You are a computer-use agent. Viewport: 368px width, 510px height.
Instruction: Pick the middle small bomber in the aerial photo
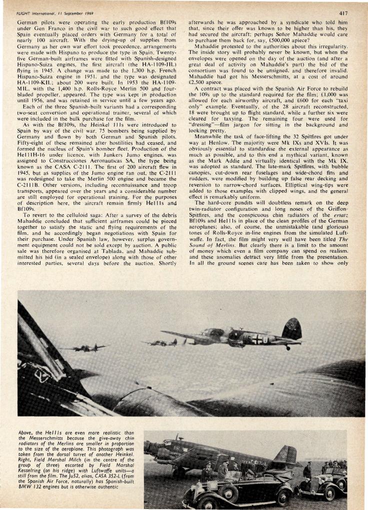(x=164, y=342)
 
